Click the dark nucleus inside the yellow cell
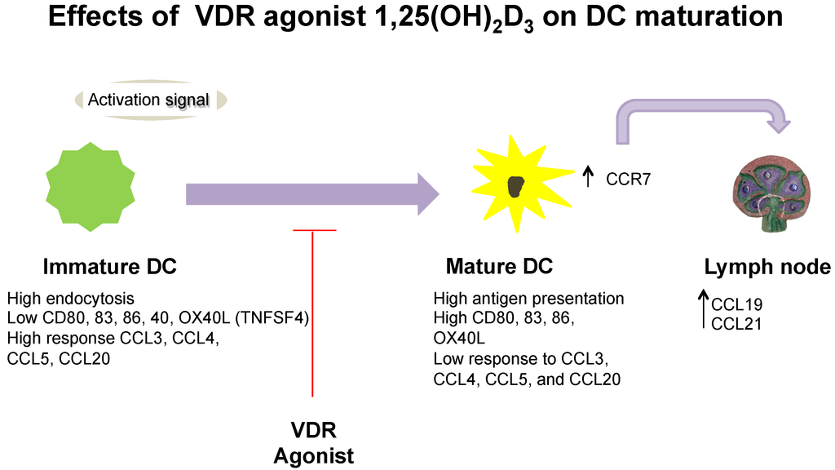click(515, 187)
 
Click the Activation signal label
click(148, 100)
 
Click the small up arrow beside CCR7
click(589, 174)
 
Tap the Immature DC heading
click(110, 267)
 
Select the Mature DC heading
click(499, 267)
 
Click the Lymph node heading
click(767, 267)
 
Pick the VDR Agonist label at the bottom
click(314, 442)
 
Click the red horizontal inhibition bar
click(314, 231)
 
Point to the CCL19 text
click(736, 305)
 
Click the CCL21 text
click(736, 323)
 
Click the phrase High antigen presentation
click(529, 299)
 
